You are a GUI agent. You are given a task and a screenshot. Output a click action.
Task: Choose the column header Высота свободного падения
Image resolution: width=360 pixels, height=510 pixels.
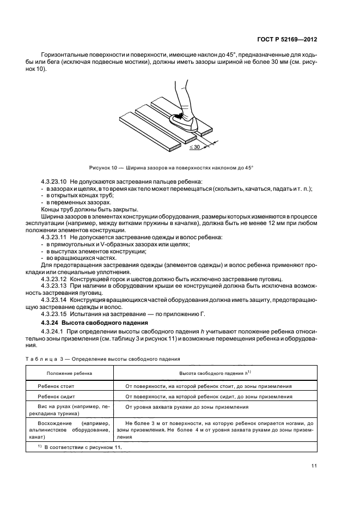[x=215, y=373]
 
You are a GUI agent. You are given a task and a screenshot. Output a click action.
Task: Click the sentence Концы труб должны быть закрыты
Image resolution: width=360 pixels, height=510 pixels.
[x=89, y=210]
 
